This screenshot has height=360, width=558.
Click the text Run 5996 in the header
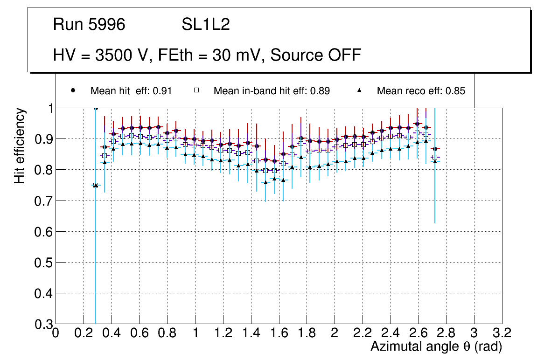click(x=89, y=25)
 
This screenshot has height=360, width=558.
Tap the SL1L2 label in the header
click(x=206, y=25)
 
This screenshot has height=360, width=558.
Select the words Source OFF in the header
click(x=315, y=55)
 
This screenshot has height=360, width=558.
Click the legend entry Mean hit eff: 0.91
click(x=131, y=91)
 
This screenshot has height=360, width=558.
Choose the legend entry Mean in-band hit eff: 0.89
click(x=272, y=91)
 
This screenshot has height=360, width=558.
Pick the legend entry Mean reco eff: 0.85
click(x=421, y=91)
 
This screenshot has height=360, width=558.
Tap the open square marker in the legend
click(x=197, y=91)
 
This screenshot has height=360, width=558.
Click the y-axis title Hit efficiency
click(x=20, y=145)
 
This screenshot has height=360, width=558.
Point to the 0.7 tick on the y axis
click(x=43, y=201)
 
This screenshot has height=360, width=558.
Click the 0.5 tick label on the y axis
click(x=43, y=263)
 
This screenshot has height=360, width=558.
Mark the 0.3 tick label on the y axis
click(x=43, y=324)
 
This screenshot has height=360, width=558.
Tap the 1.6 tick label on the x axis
click(x=279, y=333)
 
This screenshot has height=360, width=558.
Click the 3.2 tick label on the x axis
click(x=502, y=333)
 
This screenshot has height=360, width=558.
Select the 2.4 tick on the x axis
click(x=391, y=333)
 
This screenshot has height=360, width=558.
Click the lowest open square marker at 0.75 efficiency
click(x=96, y=185)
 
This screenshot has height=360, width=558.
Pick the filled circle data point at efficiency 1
click(x=96, y=108)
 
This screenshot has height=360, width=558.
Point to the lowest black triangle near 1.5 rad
click(x=265, y=182)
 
